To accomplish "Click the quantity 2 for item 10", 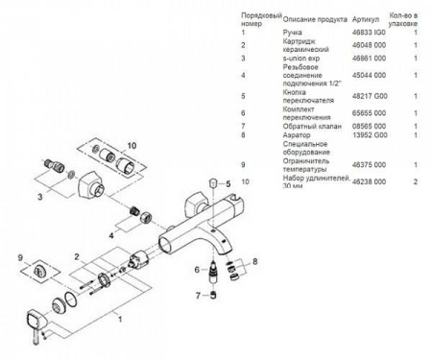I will coord(415,180).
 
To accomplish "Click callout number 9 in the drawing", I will coord(20,257).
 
